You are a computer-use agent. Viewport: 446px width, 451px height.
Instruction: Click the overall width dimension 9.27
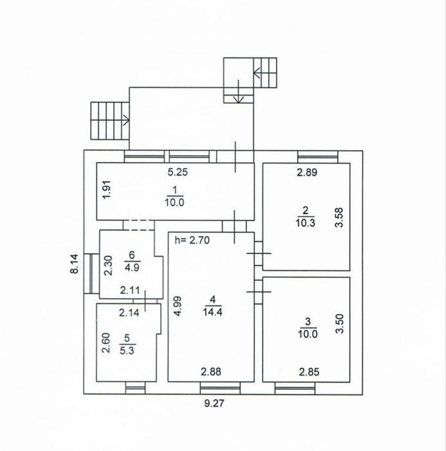(x=214, y=403)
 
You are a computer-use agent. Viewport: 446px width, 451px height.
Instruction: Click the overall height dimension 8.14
(x=74, y=264)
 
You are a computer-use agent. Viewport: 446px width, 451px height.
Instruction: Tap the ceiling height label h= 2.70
(x=192, y=240)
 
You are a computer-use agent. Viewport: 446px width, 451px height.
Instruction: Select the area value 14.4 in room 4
(x=212, y=311)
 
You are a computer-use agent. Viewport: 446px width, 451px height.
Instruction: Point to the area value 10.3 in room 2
(x=306, y=222)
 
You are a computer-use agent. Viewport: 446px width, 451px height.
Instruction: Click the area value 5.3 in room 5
(x=127, y=350)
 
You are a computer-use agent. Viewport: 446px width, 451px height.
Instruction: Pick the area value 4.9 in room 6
(x=132, y=267)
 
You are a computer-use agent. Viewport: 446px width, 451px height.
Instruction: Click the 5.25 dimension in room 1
(x=178, y=172)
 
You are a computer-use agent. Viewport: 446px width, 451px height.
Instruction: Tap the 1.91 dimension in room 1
(x=107, y=190)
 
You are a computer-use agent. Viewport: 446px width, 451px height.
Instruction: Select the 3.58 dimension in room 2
(x=339, y=218)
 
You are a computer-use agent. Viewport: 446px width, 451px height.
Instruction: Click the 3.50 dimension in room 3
(x=339, y=323)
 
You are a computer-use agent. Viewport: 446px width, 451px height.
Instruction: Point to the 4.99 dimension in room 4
(x=178, y=306)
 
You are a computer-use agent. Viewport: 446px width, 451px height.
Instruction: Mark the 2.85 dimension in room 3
(x=309, y=372)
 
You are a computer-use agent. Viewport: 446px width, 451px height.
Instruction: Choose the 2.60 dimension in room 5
(x=106, y=343)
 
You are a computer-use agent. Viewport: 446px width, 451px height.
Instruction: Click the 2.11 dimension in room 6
(x=130, y=290)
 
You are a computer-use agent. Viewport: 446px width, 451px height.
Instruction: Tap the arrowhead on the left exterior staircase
(x=127, y=120)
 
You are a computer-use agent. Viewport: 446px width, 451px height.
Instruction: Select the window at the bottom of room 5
(x=136, y=388)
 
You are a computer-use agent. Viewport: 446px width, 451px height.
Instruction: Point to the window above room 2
(x=318, y=157)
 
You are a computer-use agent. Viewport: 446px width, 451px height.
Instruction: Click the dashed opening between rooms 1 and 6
(x=139, y=225)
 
